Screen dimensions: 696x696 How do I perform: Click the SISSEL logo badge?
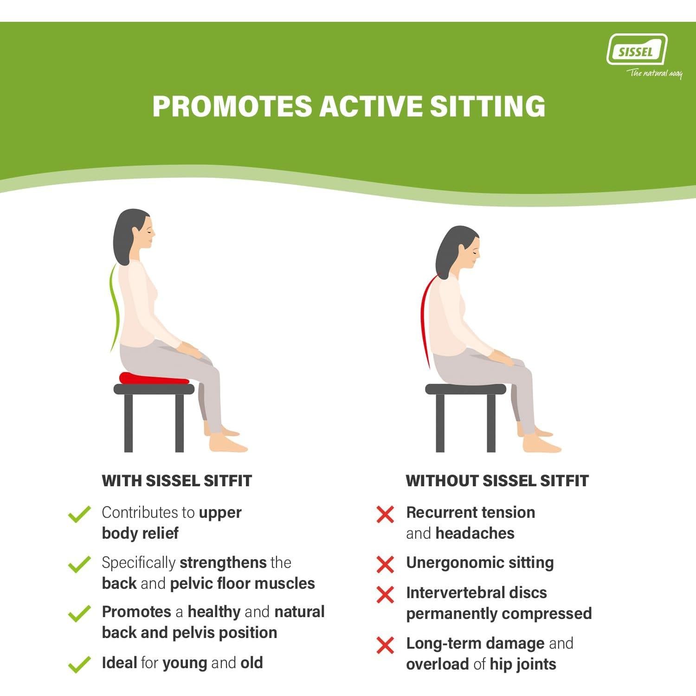pyautogui.click(x=637, y=50)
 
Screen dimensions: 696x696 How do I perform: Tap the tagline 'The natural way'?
pyautogui.click(x=654, y=73)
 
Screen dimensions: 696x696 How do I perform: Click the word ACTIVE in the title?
pyautogui.click(x=371, y=106)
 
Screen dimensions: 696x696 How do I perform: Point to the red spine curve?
pyautogui.click(x=424, y=320)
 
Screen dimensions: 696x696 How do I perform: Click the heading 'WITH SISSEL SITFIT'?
pyautogui.click(x=177, y=481)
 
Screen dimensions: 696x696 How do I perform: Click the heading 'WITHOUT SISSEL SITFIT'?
pyautogui.click(x=497, y=481)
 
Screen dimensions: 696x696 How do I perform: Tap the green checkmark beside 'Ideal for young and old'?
pyautogui.click(x=79, y=664)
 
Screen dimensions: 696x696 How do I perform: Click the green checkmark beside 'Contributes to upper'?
pyautogui.click(x=79, y=514)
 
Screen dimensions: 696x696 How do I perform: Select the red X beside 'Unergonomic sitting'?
pyautogui.click(x=385, y=564)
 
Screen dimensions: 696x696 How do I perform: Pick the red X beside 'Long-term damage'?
pyautogui.click(x=385, y=645)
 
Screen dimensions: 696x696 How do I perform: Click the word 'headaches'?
pyautogui.click(x=475, y=533)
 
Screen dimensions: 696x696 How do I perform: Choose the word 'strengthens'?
pyautogui.click(x=223, y=562)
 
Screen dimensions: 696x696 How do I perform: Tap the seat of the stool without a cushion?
pyautogui.click(x=465, y=389)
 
